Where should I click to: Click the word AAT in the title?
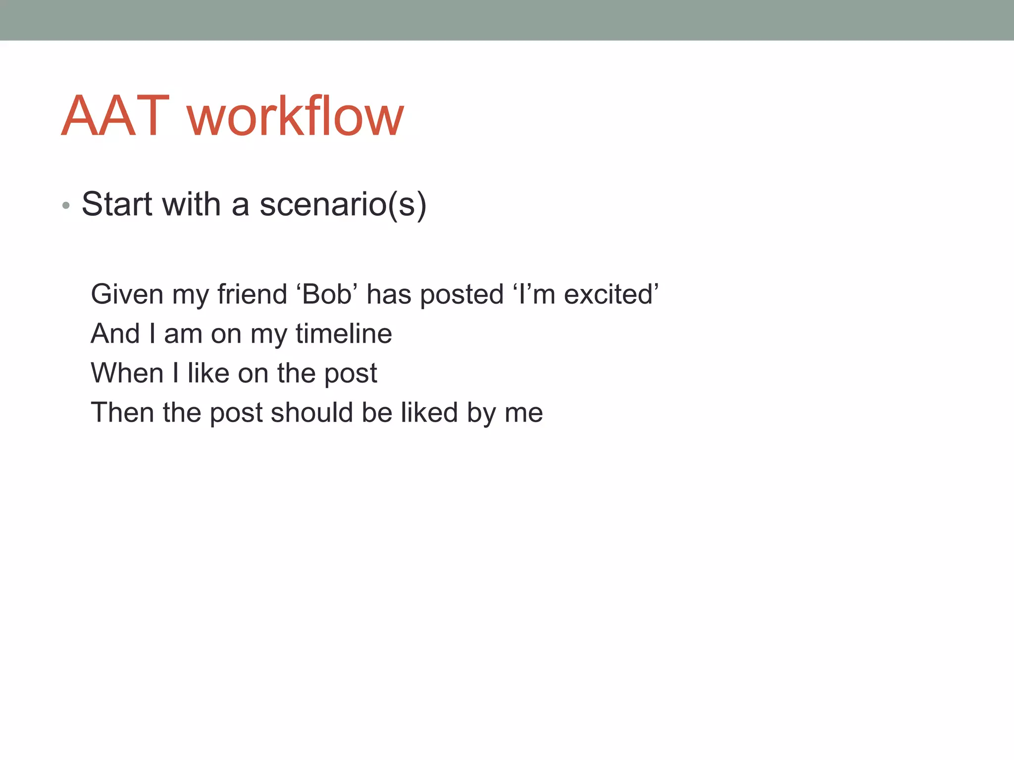[x=115, y=116]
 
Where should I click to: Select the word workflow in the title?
[x=296, y=116]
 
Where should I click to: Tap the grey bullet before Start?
[x=66, y=205]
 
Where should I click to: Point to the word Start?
[x=117, y=204]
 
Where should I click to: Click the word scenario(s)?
[x=343, y=204]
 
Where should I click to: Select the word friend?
[x=252, y=294]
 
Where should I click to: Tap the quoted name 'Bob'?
[x=327, y=294]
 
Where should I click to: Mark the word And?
[x=115, y=333]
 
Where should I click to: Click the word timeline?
[x=344, y=333]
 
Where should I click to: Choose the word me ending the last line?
[x=523, y=414]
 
